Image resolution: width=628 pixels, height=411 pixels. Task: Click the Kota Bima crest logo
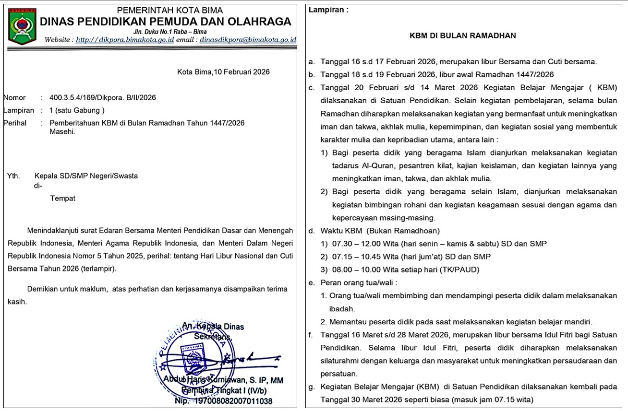pos(23,26)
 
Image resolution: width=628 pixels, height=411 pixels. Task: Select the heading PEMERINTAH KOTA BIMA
pos(170,11)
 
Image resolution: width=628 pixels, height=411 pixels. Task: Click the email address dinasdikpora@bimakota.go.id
pos(248,39)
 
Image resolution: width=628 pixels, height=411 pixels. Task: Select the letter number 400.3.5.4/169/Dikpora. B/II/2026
pos(103,97)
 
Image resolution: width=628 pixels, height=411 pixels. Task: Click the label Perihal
pos(15,123)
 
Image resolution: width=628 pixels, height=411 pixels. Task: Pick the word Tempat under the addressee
pos(62,198)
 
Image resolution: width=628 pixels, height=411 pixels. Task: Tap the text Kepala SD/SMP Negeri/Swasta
pos(86,176)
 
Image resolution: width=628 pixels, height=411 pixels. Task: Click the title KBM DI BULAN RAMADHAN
pos(462,35)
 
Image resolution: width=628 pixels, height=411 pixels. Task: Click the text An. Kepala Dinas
pos(213,327)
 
